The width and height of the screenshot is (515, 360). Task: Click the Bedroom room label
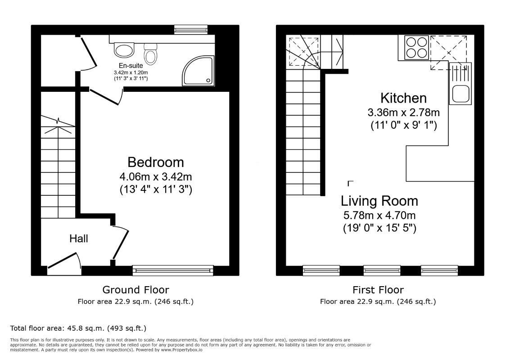(x=155, y=162)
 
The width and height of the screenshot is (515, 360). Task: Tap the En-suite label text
(x=131, y=66)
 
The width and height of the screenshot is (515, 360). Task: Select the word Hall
(x=79, y=238)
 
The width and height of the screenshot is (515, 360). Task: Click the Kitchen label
(x=403, y=98)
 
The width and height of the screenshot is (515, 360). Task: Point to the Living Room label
(x=379, y=200)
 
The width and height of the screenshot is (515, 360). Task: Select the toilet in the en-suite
(x=150, y=55)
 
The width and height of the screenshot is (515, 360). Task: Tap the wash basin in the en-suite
(x=124, y=49)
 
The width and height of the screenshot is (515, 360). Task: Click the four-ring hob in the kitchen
(x=416, y=48)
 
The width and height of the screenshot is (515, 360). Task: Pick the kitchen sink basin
(x=461, y=94)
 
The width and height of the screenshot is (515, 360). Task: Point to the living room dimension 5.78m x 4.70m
(x=379, y=215)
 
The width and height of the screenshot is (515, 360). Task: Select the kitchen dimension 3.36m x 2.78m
(x=403, y=112)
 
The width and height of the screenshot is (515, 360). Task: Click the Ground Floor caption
(x=136, y=290)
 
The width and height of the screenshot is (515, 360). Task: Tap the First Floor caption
(x=378, y=290)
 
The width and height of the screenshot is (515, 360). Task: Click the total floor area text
(x=78, y=328)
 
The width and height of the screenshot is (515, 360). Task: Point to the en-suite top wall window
(x=191, y=30)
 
